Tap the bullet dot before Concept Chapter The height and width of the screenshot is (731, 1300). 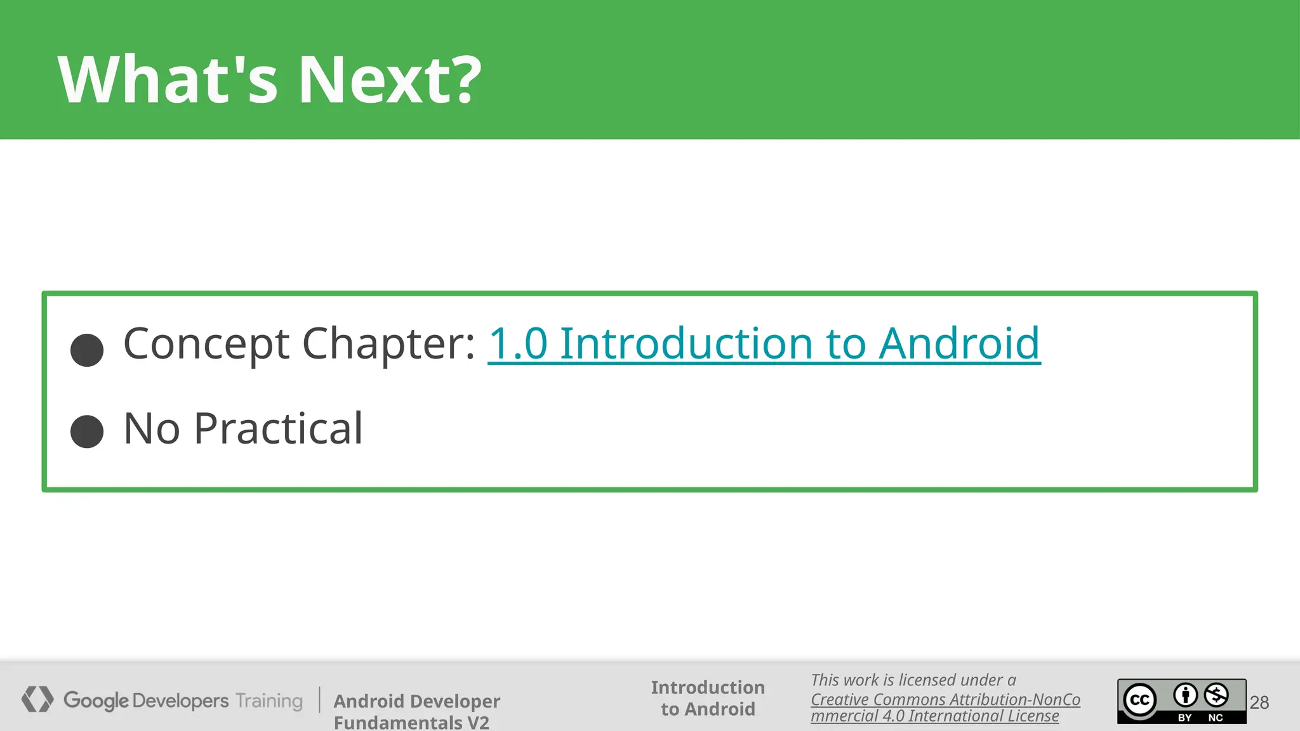[87, 350]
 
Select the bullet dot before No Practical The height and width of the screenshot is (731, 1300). [87, 431]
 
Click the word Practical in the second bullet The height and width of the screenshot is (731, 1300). [278, 429]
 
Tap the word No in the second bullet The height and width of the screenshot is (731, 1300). [152, 429]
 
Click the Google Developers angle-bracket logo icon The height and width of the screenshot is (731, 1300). [37, 699]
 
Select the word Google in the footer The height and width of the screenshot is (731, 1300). [96, 701]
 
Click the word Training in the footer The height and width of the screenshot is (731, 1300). [269, 701]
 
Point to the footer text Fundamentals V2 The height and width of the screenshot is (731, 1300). [411, 722]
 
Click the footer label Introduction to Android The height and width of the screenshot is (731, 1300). [708, 698]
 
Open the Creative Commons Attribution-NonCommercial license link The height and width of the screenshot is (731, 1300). [945, 708]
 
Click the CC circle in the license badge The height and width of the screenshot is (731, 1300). [1140, 700]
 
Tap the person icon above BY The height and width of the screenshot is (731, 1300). [1185, 695]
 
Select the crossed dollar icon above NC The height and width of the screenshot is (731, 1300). [1216, 695]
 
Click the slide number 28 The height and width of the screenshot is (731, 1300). [1259, 702]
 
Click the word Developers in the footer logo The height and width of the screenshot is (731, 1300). [181, 701]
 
